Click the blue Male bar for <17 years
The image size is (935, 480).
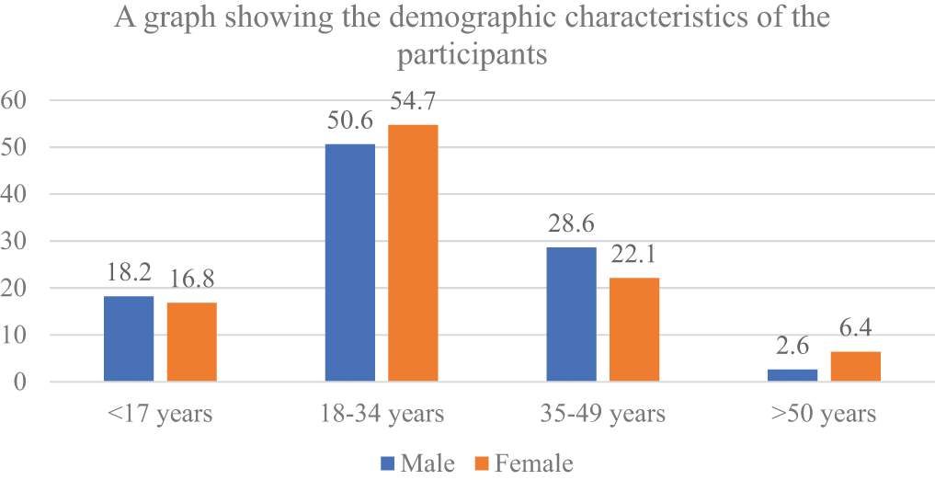(x=129, y=338)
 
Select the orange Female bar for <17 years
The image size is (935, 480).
(x=191, y=342)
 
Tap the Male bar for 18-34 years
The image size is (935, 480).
(x=350, y=262)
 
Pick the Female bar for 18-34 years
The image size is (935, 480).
(x=413, y=253)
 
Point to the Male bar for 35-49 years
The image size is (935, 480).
(x=571, y=314)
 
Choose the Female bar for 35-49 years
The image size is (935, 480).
(x=633, y=329)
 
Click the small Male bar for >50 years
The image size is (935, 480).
(x=792, y=375)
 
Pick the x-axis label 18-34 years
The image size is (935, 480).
(x=382, y=414)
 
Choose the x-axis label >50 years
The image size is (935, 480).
(x=824, y=414)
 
